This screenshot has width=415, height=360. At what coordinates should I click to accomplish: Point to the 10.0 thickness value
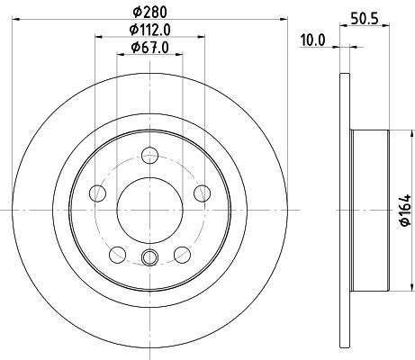tap(311, 39)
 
